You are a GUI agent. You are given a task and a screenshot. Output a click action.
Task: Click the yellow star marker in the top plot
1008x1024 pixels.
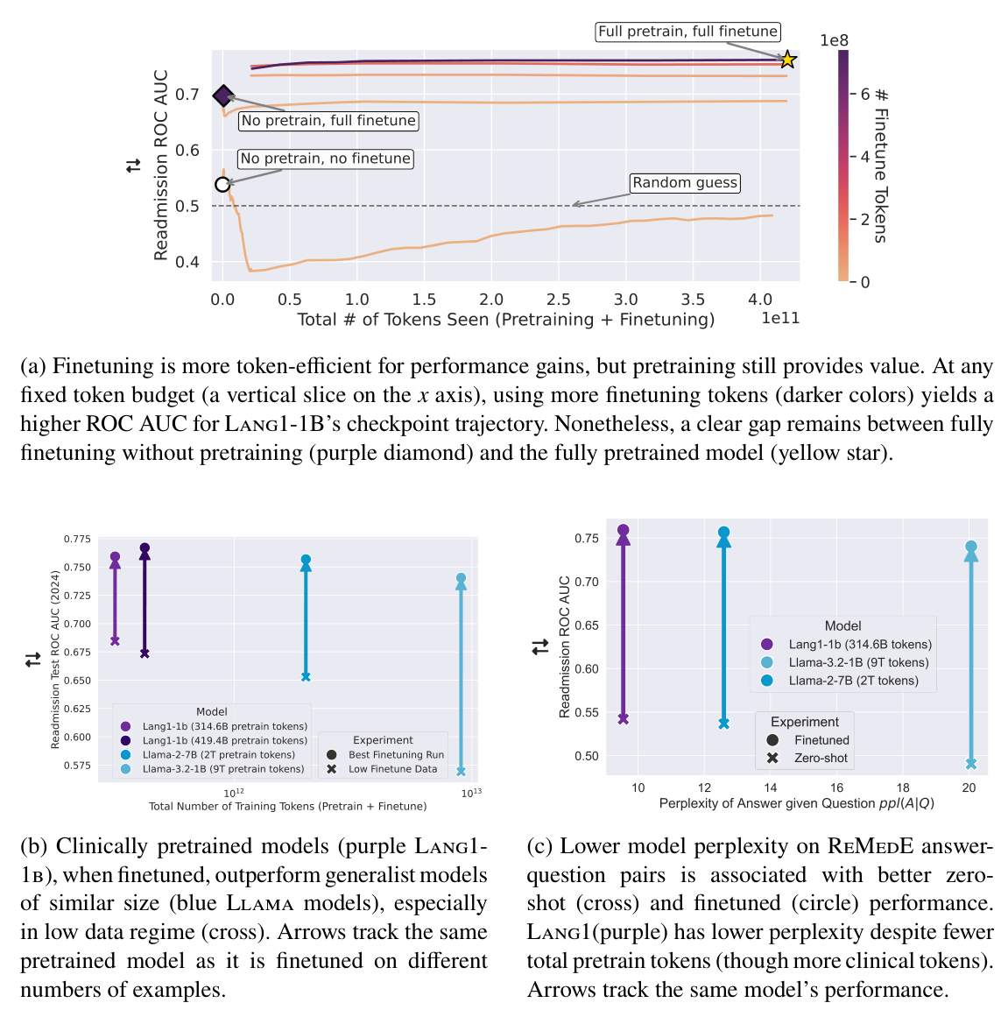[x=787, y=60]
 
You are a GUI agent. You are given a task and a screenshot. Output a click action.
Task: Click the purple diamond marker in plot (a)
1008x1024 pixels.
[x=223, y=95]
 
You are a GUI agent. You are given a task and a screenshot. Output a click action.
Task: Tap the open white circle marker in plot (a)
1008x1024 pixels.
[x=222, y=184]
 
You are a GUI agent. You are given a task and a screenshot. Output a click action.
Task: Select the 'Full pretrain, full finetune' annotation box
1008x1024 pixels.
[x=687, y=32]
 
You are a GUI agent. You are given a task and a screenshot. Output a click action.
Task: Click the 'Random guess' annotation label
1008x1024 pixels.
[x=685, y=182]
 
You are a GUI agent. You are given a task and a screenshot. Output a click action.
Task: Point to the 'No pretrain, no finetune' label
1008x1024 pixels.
[x=326, y=159]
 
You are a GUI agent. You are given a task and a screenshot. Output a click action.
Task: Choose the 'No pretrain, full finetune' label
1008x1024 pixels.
[x=328, y=121]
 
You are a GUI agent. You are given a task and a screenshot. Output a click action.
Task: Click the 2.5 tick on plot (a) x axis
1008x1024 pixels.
[x=558, y=300]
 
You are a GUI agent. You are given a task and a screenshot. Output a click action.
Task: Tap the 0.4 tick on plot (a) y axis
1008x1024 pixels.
[x=187, y=262]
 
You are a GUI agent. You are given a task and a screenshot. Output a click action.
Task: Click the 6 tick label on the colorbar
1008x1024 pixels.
[x=864, y=94]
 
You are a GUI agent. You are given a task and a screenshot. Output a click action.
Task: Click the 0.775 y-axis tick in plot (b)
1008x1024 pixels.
[x=77, y=539]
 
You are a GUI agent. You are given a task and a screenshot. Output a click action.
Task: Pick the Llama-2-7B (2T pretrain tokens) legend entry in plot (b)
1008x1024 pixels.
[x=219, y=754]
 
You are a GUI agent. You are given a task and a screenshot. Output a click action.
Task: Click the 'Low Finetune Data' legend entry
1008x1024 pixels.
[x=392, y=769]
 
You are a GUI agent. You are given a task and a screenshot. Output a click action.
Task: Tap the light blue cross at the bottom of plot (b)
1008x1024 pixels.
[x=461, y=772]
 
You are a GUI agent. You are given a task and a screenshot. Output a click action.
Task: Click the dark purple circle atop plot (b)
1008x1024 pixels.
[x=145, y=548]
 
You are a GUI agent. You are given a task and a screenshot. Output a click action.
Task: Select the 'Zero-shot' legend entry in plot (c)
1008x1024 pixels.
[x=821, y=758]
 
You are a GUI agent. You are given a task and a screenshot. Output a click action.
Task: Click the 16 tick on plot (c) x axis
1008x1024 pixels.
[x=836, y=787]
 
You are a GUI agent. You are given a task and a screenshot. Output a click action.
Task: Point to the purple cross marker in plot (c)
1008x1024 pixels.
[x=624, y=719]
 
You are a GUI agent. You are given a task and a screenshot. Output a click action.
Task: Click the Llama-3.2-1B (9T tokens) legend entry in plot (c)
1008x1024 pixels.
[x=858, y=662]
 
